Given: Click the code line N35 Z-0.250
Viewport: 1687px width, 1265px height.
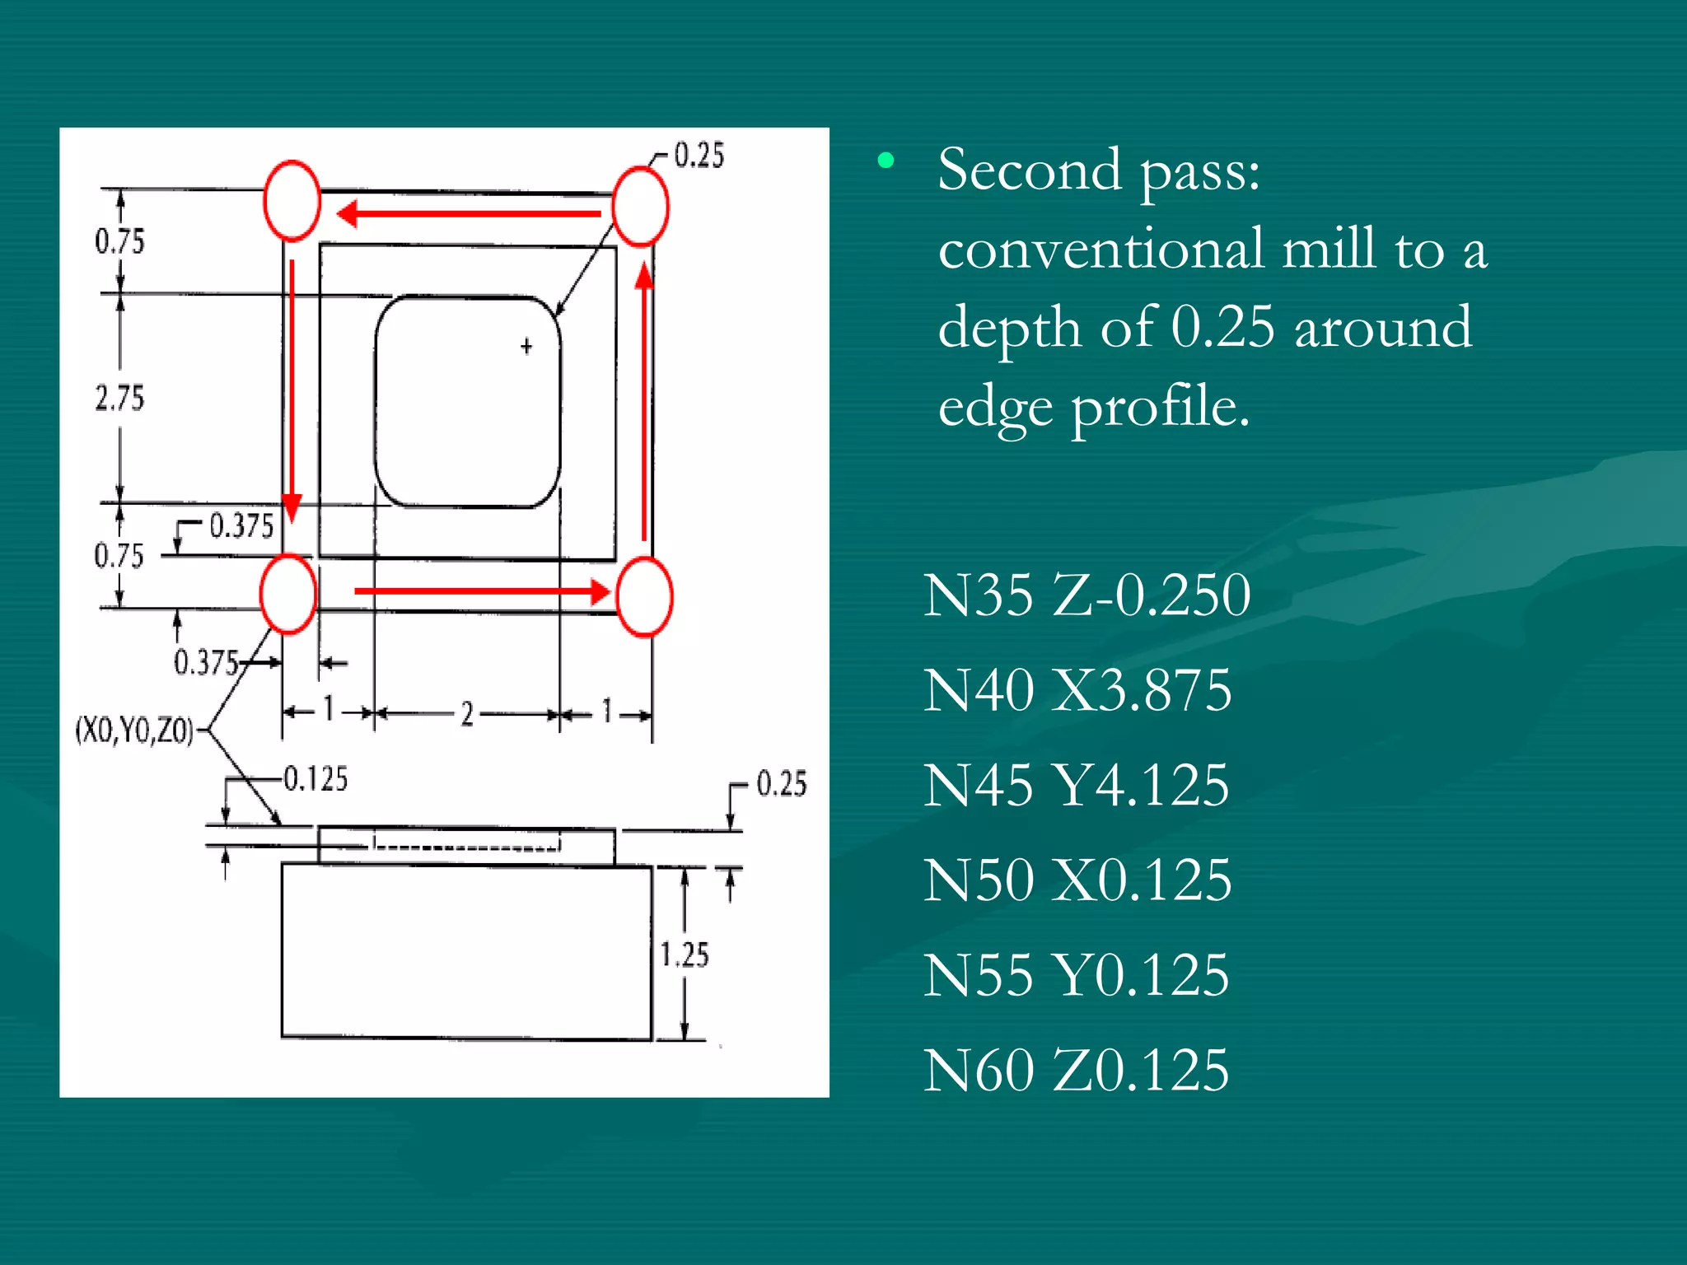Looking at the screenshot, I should [x=1086, y=595].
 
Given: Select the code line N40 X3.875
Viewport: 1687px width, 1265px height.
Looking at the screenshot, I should [x=1077, y=690].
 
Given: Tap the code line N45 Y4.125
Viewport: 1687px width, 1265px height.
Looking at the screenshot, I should [x=1075, y=785].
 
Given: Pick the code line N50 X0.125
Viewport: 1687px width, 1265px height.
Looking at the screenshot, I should [x=1077, y=880].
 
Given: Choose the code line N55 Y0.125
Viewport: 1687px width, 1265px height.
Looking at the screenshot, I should [x=1075, y=975].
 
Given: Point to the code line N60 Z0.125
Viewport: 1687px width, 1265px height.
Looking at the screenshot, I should [x=1075, y=1070].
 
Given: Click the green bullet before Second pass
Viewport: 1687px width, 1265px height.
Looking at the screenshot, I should [x=886, y=161].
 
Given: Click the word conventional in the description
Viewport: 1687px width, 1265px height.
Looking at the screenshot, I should [x=1101, y=249].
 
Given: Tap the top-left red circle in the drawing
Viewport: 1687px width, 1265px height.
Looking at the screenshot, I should [x=292, y=201].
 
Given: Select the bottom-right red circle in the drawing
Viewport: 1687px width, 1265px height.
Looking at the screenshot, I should [x=644, y=596].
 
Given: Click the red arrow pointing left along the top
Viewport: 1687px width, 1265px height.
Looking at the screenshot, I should [x=470, y=214].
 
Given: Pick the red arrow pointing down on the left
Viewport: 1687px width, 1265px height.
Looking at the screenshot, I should [x=292, y=387].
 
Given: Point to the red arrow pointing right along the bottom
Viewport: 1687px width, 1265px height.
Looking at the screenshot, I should [x=482, y=591].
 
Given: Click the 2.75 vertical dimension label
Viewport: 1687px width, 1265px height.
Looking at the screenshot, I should [x=119, y=399].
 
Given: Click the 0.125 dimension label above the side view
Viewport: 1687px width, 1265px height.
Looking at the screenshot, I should [x=315, y=779].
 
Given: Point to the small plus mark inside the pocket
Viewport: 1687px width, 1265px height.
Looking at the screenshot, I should [x=526, y=347].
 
